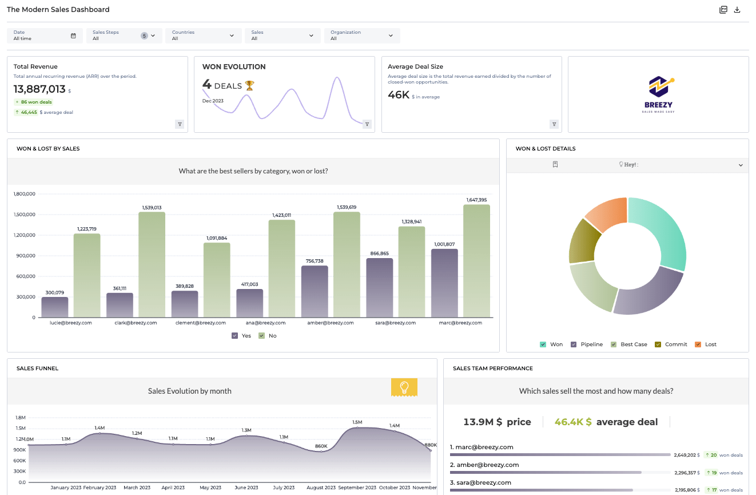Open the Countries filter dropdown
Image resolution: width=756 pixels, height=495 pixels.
click(x=203, y=35)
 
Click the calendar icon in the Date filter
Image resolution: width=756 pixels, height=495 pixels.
click(x=73, y=35)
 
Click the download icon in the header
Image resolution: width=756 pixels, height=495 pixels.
click(x=737, y=10)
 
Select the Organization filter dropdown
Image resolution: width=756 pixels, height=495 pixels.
click(x=361, y=35)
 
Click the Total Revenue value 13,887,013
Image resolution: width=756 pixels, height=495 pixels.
click(x=39, y=89)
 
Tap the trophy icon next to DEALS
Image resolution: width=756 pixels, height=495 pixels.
click(x=249, y=85)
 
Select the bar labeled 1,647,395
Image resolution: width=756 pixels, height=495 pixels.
click(x=476, y=261)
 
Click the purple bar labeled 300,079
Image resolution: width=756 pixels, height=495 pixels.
click(x=55, y=307)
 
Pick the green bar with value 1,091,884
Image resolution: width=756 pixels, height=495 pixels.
click(x=217, y=280)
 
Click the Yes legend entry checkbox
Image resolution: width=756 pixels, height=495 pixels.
click(x=234, y=336)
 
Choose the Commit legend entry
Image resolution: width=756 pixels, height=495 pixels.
click(x=658, y=344)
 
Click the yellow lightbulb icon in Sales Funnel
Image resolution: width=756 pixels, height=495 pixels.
click(x=404, y=387)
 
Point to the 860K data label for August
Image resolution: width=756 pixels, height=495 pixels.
click(x=321, y=446)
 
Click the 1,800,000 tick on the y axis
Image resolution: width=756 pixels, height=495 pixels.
click(x=24, y=194)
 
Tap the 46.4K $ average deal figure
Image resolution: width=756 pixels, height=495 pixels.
click(x=572, y=422)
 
